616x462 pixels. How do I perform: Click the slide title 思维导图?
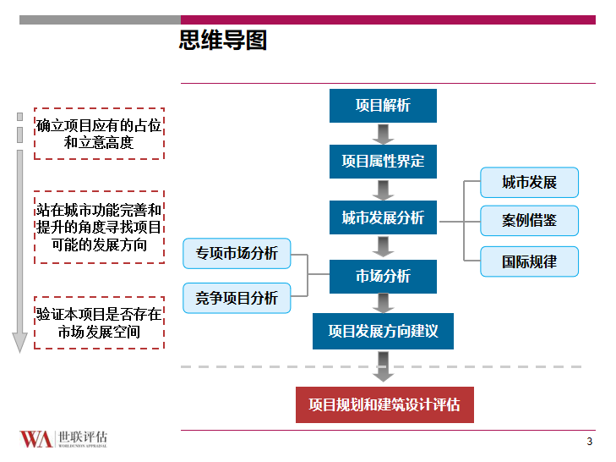coord(223,40)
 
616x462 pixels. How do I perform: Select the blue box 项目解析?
coord(383,106)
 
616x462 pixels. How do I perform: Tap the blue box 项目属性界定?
coord(383,161)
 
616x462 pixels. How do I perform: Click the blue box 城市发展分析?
coord(383,217)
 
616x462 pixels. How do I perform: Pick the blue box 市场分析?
coord(383,276)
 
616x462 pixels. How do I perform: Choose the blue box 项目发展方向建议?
coord(383,331)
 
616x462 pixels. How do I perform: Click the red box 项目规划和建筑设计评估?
coord(384,404)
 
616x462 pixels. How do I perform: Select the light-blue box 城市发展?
coord(530,183)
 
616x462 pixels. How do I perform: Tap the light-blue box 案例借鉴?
coord(530,221)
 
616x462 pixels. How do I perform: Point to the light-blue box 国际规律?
coord(530,261)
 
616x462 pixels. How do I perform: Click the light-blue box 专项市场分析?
coord(237,254)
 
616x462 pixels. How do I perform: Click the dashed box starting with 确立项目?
coord(99,134)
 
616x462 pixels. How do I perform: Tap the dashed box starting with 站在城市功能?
coord(99,227)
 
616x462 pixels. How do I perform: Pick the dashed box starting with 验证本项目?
coord(99,322)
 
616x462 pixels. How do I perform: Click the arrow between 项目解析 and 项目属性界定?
coord(383,134)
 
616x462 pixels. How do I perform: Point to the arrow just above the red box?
coord(384,366)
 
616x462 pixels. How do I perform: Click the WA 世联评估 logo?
coord(63,438)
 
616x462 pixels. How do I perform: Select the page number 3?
coord(589,442)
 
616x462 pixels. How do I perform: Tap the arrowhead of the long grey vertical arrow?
coord(20,343)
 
